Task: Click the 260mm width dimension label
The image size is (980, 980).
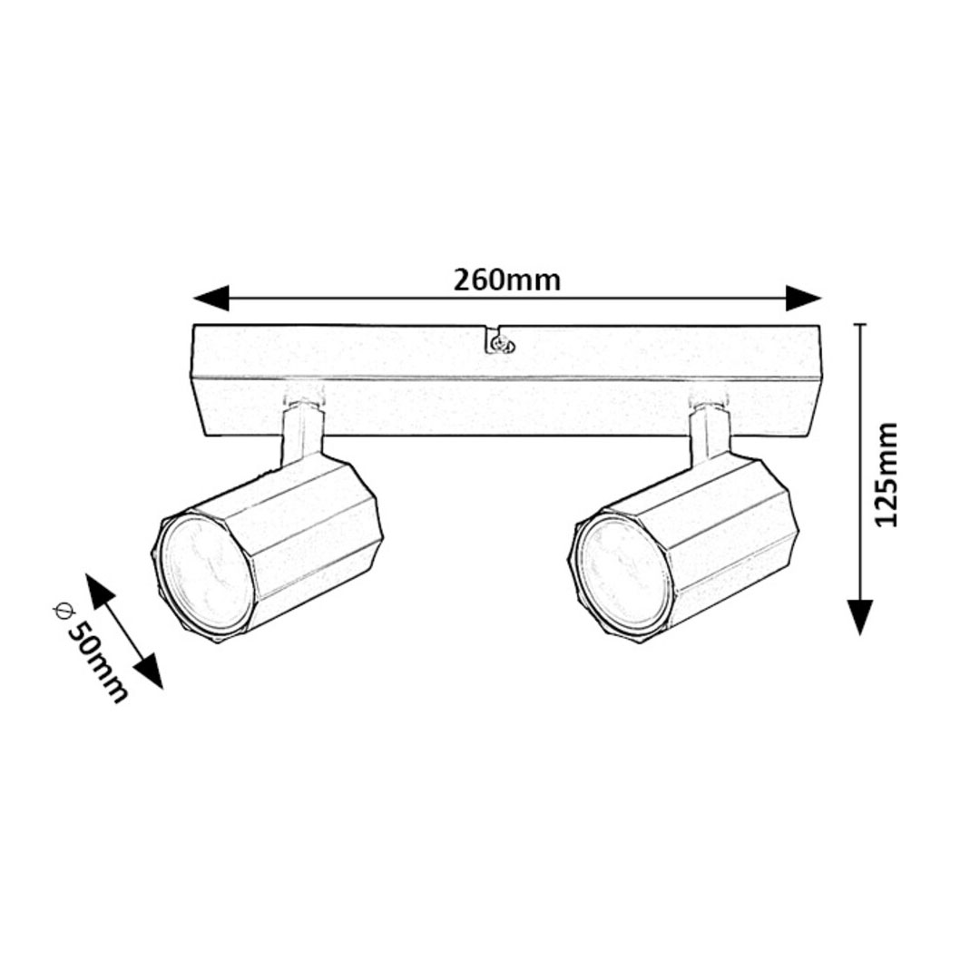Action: (x=507, y=280)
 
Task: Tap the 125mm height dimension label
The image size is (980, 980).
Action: (x=885, y=475)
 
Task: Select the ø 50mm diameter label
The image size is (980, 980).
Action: (x=92, y=650)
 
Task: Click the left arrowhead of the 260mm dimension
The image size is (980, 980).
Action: (x=211, y=299)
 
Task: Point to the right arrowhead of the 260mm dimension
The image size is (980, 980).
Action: (x=802, y=299)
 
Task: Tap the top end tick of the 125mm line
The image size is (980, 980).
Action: (x=860, y=324)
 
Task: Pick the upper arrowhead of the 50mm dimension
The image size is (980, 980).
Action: (x=99, y=590)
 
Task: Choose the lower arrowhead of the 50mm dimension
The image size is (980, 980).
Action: (x=149, y=671)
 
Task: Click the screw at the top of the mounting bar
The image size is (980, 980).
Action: (x=500, y=342)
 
